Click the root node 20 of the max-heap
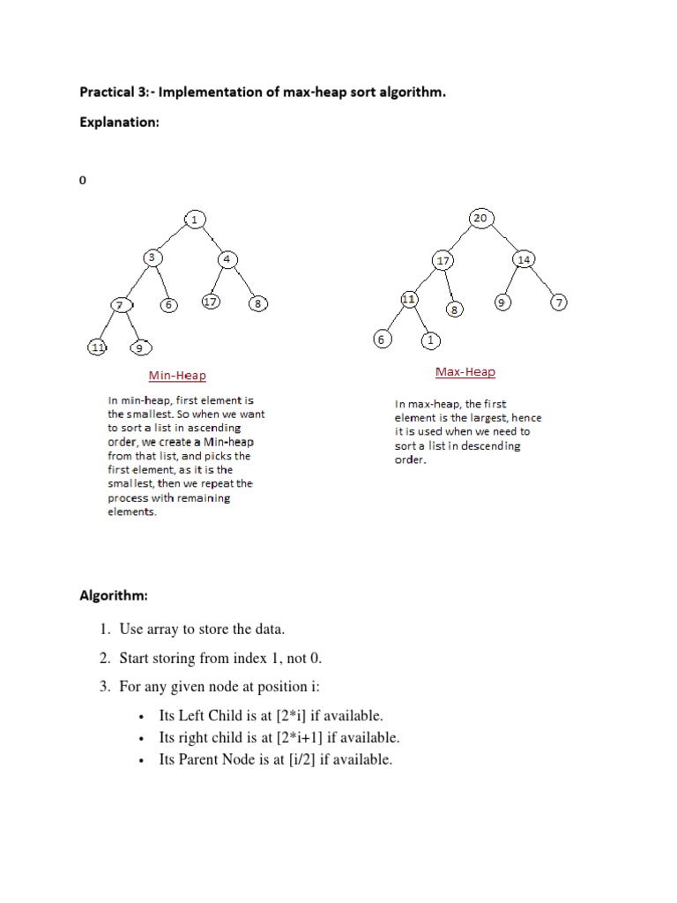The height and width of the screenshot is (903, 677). point(480,219)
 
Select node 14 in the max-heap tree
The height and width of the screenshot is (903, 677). point(524,259)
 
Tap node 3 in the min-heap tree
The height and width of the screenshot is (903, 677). point(153,257)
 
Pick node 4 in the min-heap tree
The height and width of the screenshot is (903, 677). point(227,259)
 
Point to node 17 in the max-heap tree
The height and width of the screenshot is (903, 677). point(443,261)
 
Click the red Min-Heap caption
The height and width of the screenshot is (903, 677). point(177,376)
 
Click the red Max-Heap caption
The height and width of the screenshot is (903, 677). point(465,372)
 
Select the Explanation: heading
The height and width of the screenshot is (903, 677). point(119,123)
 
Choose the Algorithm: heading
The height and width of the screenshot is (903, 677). point(114,597)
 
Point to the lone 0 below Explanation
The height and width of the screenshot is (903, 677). point(83,180)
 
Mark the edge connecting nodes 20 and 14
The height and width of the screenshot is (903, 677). point(503,238)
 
